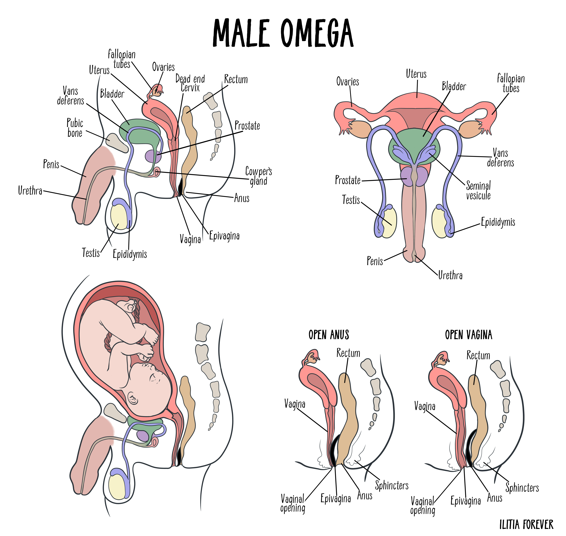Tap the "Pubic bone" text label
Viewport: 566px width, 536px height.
75,128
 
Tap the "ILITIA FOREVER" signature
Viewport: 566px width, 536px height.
526,525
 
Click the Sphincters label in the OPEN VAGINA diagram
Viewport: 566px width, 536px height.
522,487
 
